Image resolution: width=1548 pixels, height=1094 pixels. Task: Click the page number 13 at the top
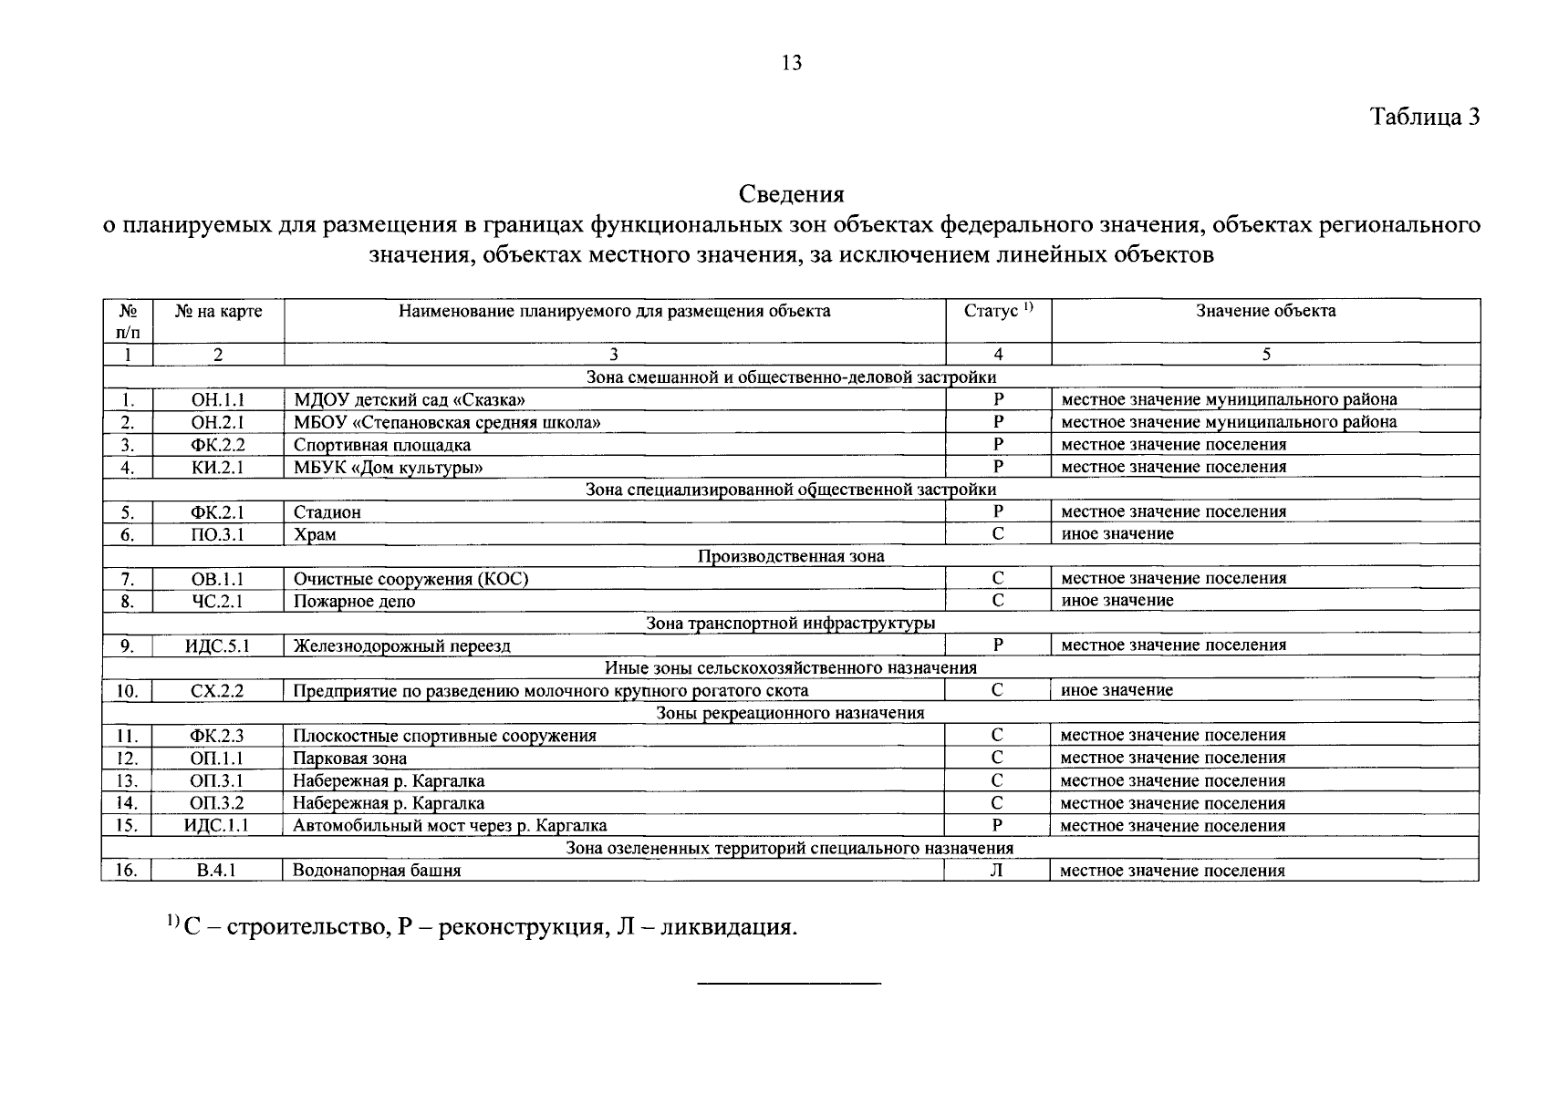(x=791, y=63)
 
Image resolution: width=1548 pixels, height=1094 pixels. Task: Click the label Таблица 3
(x=1424, y=117)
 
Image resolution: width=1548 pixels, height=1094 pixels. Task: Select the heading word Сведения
(x=791, y=194)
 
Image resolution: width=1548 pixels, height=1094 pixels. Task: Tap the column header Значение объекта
(x=1265, y=311)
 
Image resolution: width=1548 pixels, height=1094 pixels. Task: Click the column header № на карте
(x=218, y=311)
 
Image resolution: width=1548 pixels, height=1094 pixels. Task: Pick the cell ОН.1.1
(x=218, y=399)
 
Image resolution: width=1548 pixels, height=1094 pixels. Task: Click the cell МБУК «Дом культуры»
(x=388, y=468)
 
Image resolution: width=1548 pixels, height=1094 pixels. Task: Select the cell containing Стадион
(x=327, y=512)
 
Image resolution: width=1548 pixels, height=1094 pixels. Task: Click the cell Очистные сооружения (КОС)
(x=410, y=579)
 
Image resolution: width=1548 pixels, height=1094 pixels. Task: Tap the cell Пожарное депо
(x=354, y=602)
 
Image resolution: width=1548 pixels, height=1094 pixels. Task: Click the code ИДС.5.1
(x=218, y=646)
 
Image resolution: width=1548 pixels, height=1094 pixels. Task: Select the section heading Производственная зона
(x=791, y=556)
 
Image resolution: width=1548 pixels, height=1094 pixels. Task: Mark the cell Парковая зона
(x=349, y=759)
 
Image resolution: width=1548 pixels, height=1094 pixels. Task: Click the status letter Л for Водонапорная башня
(x=997, y=871)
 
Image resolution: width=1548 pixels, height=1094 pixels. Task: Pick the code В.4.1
(x=217, y=871)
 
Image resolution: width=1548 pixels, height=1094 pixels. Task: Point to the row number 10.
(x=127, y=691)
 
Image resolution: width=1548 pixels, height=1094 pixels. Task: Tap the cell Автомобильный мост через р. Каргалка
(x=450, y=826)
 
